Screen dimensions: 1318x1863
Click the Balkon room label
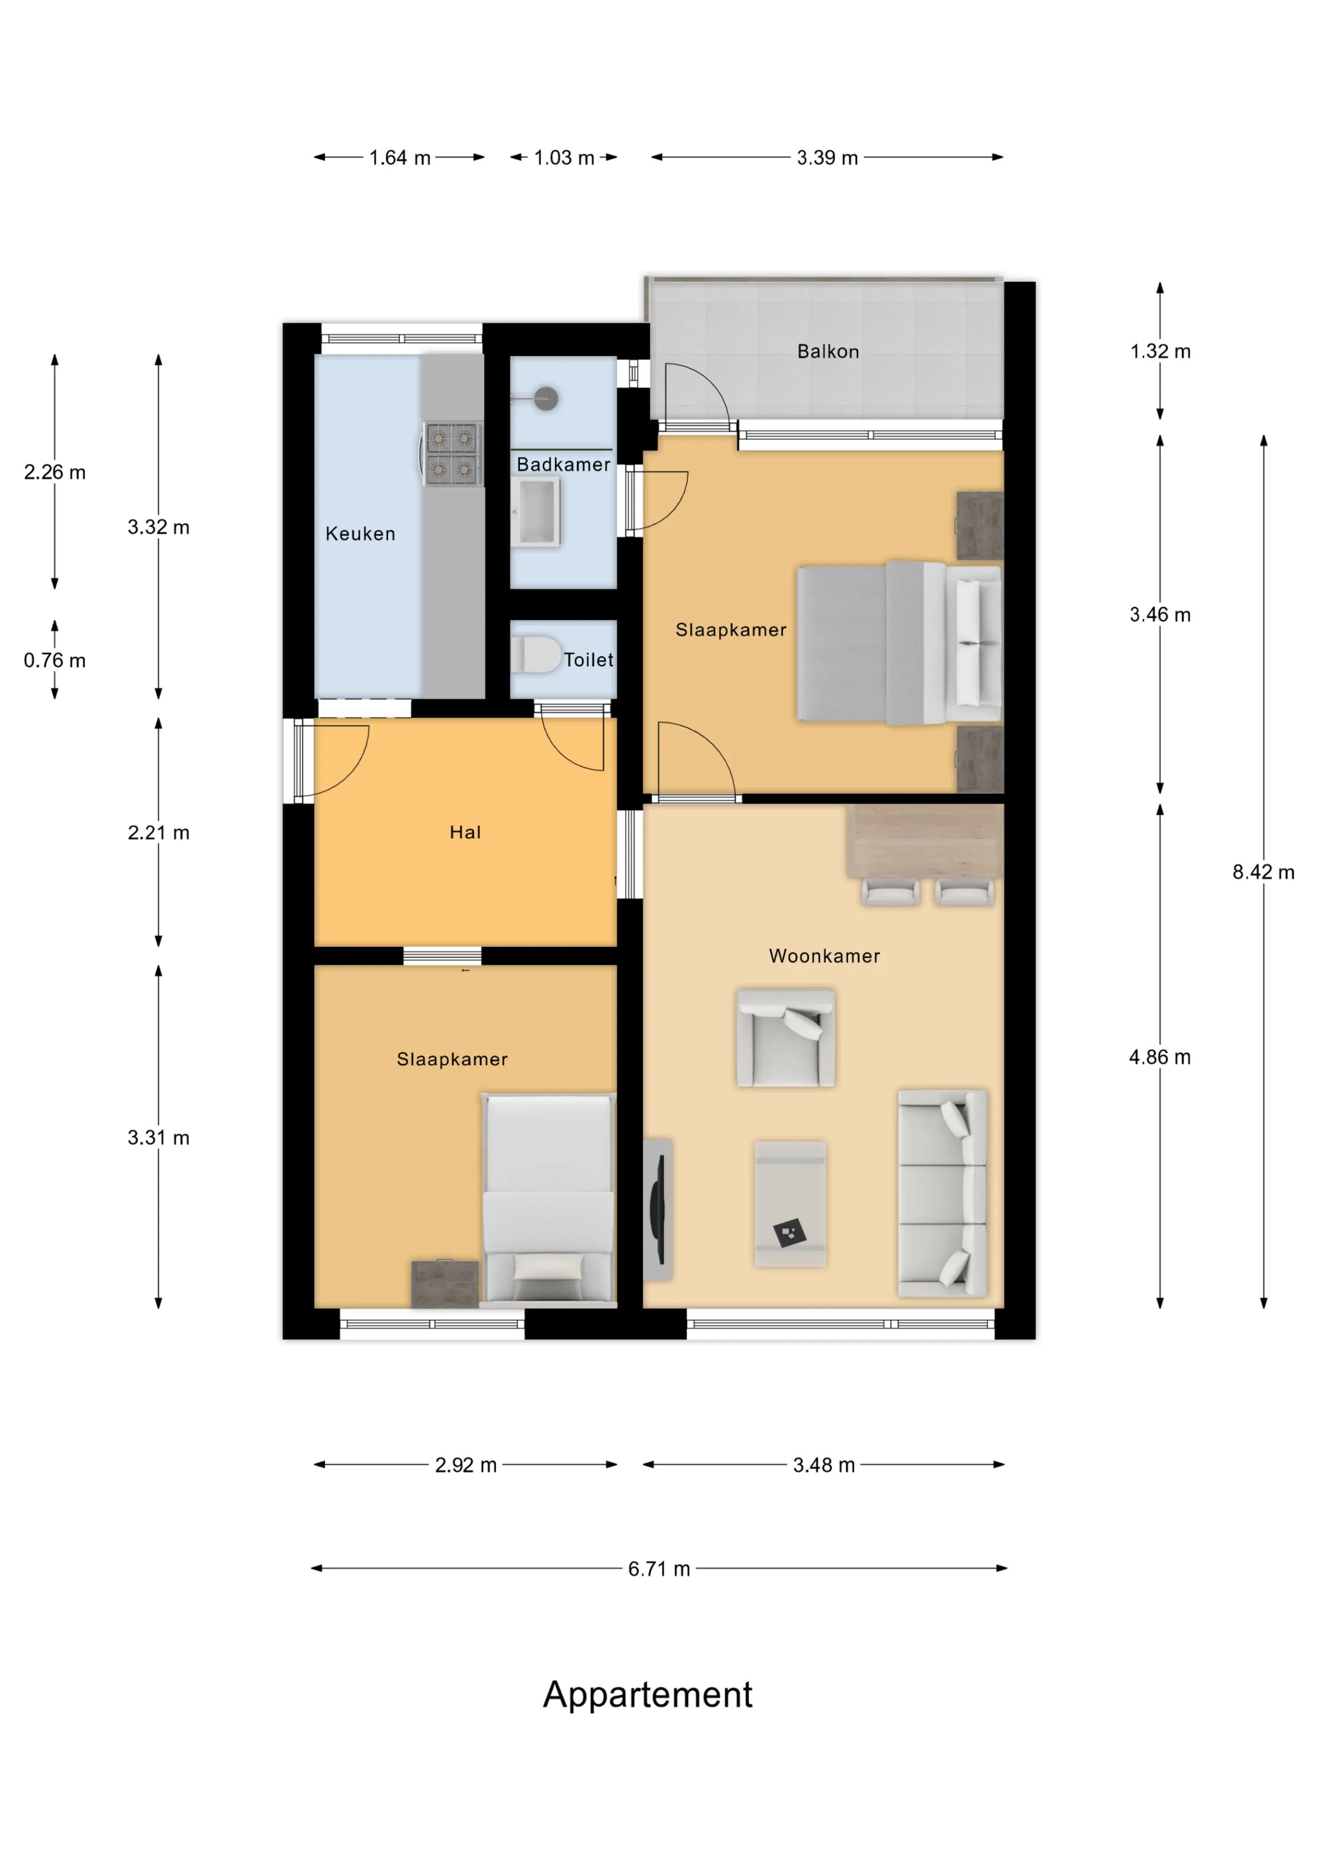click(828, 351)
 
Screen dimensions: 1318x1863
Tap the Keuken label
click(360, 534)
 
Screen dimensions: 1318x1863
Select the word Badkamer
click(563, 464)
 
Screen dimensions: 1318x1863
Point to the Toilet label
click(589, 660)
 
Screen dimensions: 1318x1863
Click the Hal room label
click(465, 832)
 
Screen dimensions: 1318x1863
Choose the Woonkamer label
click(824, 956)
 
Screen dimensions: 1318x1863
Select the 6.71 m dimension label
click(659, 1569)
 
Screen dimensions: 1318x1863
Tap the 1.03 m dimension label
click(564, 157)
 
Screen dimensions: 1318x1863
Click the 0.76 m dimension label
click(54, 660)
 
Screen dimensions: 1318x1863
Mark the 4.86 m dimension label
click(1160, 1057)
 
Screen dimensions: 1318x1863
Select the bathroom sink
click(535, 512)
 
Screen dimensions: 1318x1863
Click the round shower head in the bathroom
click(546, 398)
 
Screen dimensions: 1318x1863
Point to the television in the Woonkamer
click(658, 1209)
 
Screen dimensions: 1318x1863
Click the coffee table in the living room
click(790, 1204)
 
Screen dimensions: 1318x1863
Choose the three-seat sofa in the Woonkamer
click(943, 1193)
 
